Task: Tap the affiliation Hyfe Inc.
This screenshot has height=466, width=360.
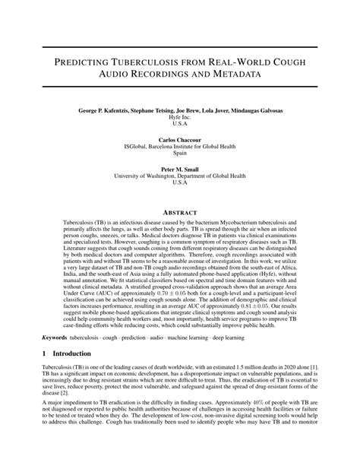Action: coord(179,119)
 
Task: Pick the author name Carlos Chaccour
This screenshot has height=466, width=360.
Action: coord(179,140)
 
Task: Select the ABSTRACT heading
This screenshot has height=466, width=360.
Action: coord(180,212)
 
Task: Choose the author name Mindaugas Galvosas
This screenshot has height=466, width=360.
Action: coord(255,111)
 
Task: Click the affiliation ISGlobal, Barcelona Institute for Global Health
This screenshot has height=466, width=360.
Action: coord(179,147)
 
